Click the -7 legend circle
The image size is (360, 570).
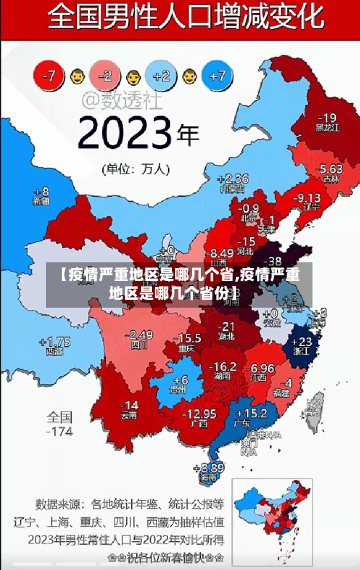[50, 75]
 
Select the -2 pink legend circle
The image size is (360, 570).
[106, 75]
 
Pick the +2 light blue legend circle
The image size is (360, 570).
[161, 75]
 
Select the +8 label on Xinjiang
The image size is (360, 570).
[42, 192]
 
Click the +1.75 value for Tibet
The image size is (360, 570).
[55, 342]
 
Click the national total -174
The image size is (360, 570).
[60, 432]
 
